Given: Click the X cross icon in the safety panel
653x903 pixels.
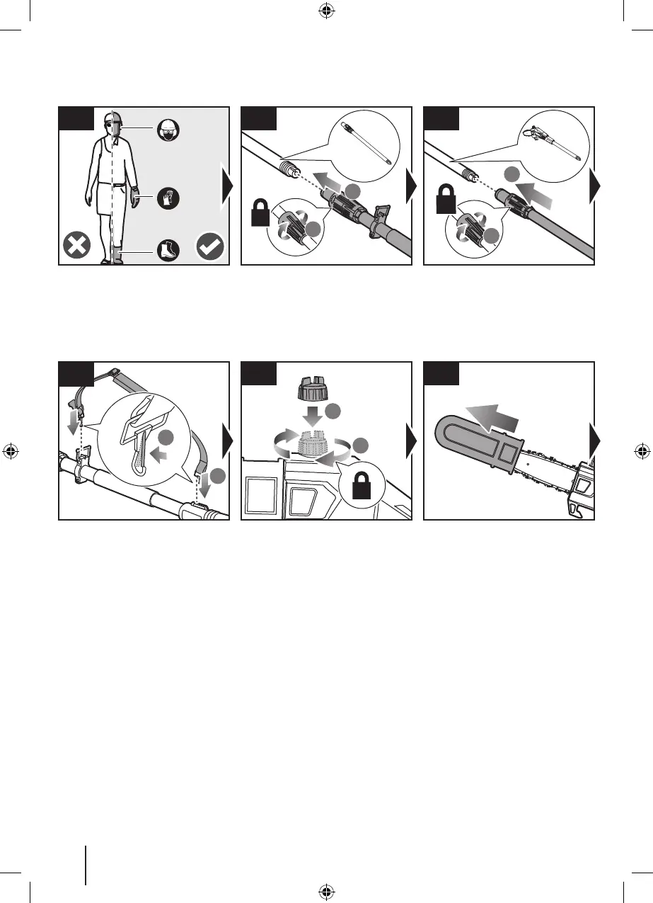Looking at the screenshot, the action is coord(75,247).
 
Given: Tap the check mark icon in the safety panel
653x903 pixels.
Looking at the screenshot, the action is coord(211,246).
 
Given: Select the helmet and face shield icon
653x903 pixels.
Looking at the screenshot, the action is coord(168,128).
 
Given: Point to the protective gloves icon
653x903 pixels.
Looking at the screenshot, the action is coord(168,200).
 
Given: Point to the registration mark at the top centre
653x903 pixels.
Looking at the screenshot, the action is coord(326,11).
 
